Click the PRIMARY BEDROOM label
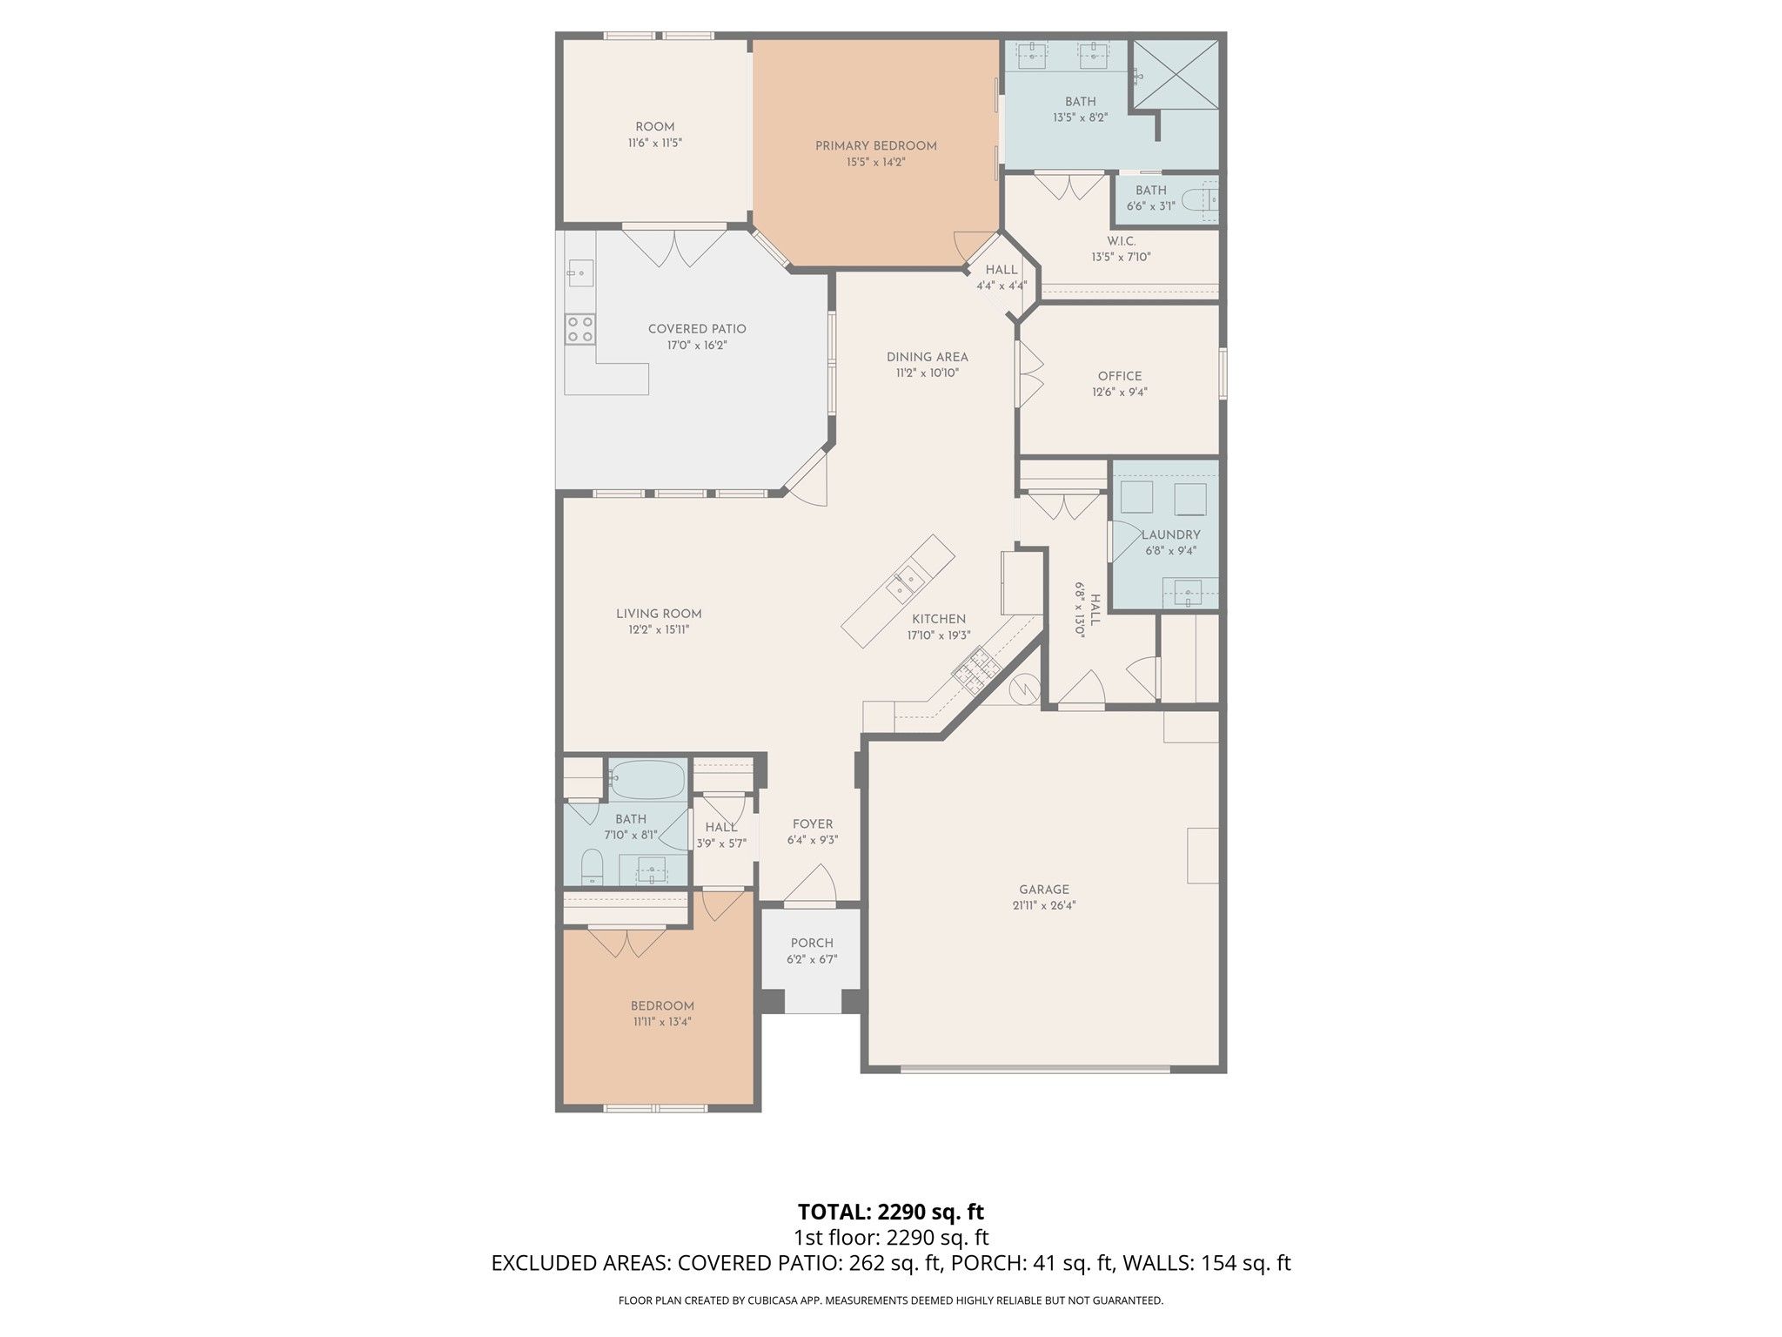coord(875,146)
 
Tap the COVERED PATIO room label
coord(697,329)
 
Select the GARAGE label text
coord(1044,890)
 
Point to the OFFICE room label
coord(1120,376)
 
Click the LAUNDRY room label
coord(1171,534)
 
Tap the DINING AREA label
coord(928,357)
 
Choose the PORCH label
coord(812,943)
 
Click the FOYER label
coord(813,824)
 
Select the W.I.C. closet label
coord(1122,241)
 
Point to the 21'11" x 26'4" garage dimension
coord(1044,905)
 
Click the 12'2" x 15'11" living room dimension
coord(659,629)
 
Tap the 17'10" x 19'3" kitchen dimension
coord(938,635)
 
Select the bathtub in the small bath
coord(646,780)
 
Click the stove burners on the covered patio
coord(580,328)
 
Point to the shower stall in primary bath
coord(1175,75)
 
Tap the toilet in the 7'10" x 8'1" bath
coord(592,868)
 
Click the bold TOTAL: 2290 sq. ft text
coord(891,1211)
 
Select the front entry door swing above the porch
coord(810,883)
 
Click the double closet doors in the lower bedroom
coord(626,943)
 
